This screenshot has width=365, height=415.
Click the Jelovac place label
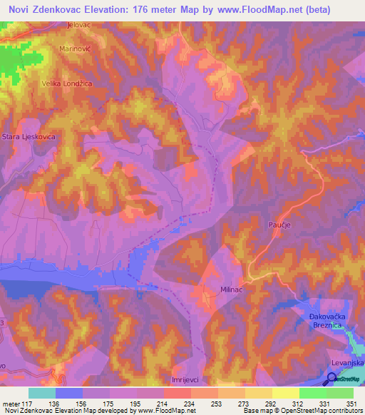81,24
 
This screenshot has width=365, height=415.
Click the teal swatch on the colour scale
42,393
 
